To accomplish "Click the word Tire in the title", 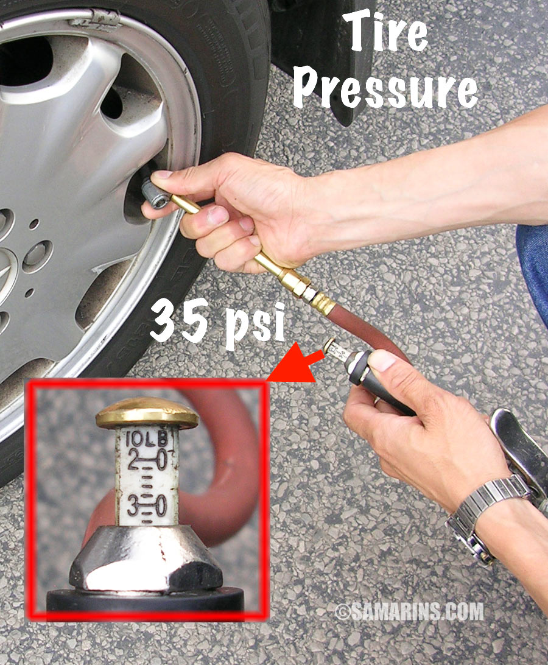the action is click(385, 32).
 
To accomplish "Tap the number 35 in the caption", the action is click(178, 320).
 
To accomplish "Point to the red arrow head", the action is click(293, 365).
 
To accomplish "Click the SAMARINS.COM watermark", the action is click(409, 611).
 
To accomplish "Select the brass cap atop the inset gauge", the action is click(147, 412).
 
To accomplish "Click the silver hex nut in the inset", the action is click(146, 558).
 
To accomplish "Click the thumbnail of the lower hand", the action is click(382, 361).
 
